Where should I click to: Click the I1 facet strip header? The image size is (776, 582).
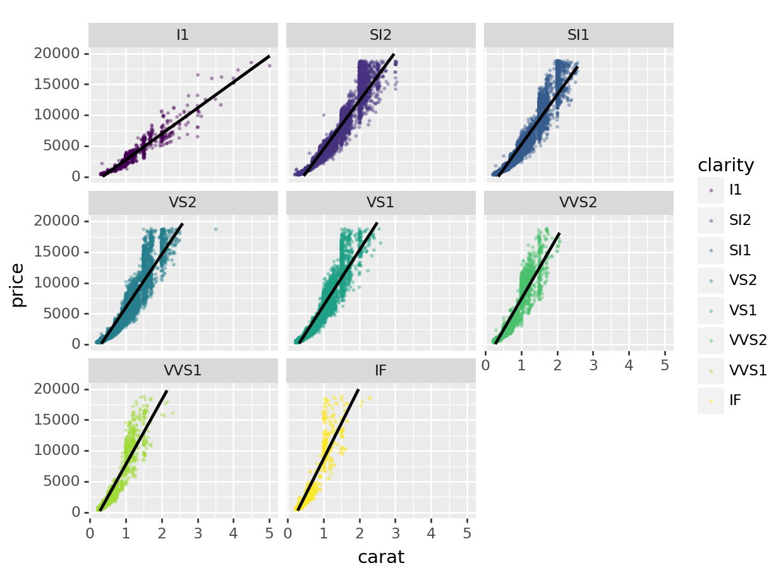point(183,35)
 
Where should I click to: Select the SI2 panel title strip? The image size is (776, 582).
point(380,35)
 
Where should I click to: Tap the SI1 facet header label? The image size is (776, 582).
point(578,35)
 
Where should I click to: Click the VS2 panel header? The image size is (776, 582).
point(183,203)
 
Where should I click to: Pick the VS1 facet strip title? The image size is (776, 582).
point(380,203)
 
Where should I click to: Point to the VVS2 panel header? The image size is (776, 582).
point(578,203)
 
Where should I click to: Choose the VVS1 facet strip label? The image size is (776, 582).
point(183,370)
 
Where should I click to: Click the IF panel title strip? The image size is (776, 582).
point(380,370)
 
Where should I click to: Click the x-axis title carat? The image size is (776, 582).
point(380,557)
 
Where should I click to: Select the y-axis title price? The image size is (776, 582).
point(18,284)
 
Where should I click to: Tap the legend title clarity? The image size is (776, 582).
point(725,166)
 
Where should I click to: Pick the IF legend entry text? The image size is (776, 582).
point(735,399)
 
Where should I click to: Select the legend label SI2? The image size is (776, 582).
point(739,221)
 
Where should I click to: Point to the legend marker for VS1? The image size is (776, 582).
point(711,310)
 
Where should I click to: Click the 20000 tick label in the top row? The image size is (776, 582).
point(56,54)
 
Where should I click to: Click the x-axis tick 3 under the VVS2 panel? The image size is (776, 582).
point(593,365)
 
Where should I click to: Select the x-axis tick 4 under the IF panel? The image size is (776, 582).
point(431,533)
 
